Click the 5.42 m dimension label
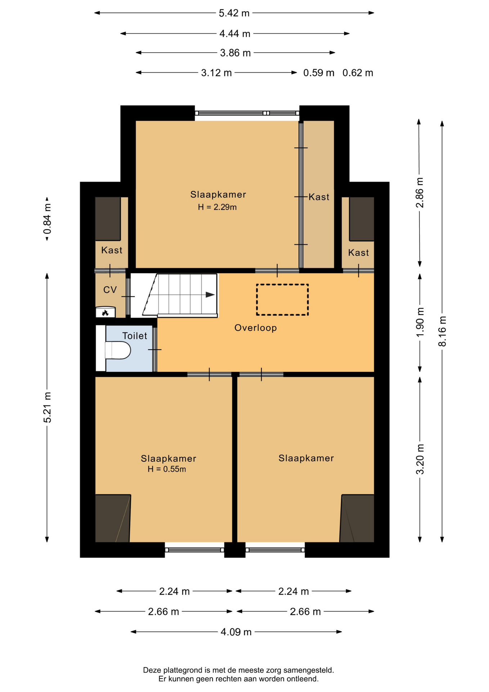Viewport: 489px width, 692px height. pos(234,13)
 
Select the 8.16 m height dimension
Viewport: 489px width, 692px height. pos(442,331)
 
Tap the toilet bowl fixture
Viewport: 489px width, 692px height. pos(118,350)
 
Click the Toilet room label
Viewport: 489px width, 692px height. pos(135,336)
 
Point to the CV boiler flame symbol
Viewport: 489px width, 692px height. pos(105,313)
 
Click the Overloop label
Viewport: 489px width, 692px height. pos(256,328)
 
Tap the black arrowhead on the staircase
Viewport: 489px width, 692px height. pos(210,294)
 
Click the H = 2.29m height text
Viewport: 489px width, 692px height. pos(217,207)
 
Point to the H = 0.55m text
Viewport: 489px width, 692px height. pos(167,469)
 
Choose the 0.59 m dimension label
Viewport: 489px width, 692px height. pos(319,73)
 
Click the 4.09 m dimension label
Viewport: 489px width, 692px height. pos(236,632)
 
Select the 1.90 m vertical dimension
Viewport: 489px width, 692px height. pos(420,322)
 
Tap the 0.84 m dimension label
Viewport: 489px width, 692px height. pos(47,218)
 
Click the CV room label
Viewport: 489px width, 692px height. pos(110,290)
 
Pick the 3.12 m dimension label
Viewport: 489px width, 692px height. pos(216,73)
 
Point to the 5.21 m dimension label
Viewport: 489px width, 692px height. pos(47,407)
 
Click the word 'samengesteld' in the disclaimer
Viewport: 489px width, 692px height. pos(308,670)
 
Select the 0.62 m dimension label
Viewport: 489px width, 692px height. pos(358,73)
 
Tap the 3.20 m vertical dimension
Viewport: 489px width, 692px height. pos(420,459)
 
